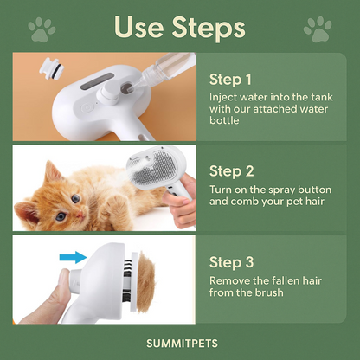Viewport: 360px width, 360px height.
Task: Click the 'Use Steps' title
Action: click(x=179, y=28)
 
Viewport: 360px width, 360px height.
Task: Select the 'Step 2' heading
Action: click(x=237, y=170)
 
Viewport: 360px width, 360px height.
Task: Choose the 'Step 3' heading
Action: click(x=237, y=261)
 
